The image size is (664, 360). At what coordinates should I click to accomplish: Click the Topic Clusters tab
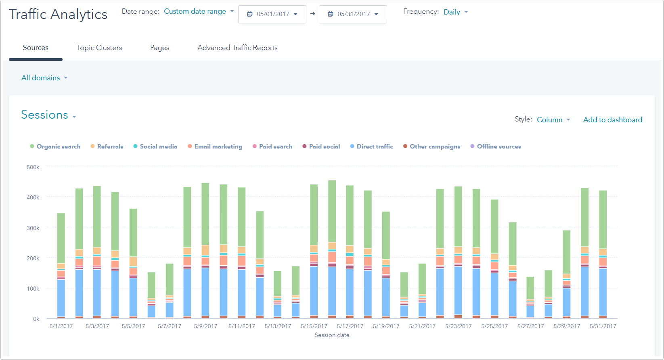pos(99,48)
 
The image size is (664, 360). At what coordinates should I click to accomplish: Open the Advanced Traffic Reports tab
pos(237,48)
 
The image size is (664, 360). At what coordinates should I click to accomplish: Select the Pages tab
pos(159,48)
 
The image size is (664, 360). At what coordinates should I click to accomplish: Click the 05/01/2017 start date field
pos(272,14)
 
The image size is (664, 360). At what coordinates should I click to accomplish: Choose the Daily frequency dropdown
pos(456,12)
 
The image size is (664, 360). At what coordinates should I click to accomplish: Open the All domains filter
pos(44,78)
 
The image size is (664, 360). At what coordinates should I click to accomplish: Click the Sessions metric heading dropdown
pos(48,115)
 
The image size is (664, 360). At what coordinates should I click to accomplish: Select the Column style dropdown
pos(553,120)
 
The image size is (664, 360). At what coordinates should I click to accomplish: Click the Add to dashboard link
pos(612,120)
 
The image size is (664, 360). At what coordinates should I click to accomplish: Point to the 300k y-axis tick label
pos(33,228)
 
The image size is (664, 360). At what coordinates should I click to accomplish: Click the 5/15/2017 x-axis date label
pos(314,326)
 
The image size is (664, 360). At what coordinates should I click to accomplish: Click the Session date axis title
pos(332,335)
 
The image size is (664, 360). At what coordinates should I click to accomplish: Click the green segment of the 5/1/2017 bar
pos(61,238)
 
